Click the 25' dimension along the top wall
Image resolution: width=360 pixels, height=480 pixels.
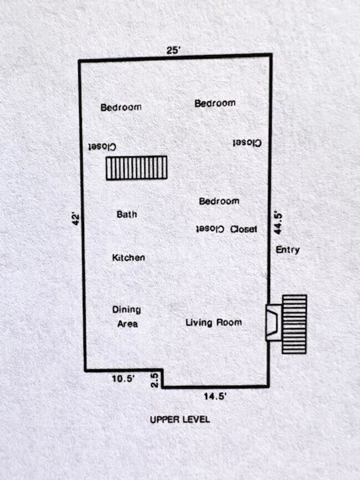(x=174, y=50)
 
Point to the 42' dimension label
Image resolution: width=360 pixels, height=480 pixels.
(x=75, y=219)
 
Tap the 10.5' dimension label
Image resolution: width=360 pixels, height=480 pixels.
(x=123, y=379)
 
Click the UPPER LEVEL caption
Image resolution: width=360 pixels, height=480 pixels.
(x=180, y=420)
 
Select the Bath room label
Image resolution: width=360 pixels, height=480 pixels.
(x=127, y=214)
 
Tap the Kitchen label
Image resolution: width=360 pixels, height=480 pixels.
(x=128, y=257)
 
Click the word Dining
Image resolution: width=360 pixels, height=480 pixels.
(x=127, y=309)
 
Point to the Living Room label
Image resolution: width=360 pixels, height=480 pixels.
(x=213, y=322)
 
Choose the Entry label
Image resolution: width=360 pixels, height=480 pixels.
(x=288, y=250)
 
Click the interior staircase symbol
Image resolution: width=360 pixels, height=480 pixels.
(x=136, y=168)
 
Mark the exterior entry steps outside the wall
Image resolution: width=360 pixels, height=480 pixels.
(x=294, y=324)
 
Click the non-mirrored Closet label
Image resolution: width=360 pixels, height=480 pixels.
(x=244, y=229)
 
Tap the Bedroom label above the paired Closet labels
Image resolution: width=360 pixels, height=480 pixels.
(x=219, y=201)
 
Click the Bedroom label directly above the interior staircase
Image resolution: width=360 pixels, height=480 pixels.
(x=121, y=107)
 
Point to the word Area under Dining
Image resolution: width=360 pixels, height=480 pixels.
(x=127, y=324)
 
